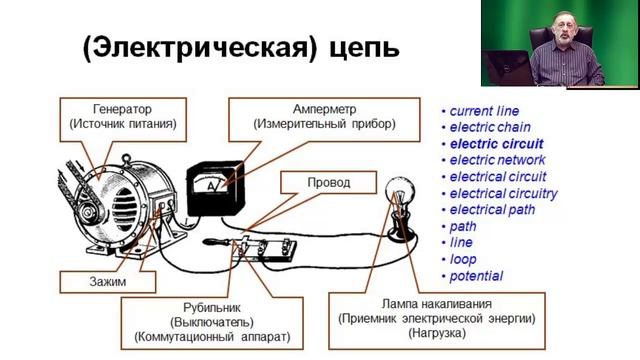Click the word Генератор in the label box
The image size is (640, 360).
pos(125,108)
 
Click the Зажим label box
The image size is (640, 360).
pos(85,283)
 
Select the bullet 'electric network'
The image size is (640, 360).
pos(497,160)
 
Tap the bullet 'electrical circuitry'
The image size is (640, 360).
pos(503,193)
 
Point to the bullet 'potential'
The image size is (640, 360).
pos(476,275)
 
